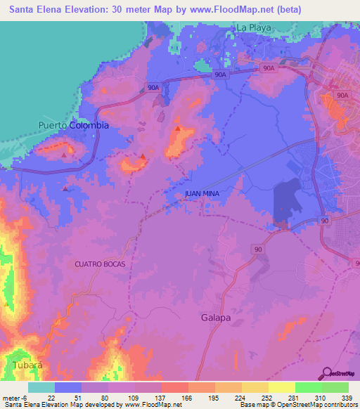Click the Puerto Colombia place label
coord(73,125)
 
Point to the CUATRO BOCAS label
coord(100,264)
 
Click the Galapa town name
coord(215,318)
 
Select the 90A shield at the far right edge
coord(342,95)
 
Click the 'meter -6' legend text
coord(15,397)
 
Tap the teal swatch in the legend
coord(41,387)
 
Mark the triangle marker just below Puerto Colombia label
coord(65,154)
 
